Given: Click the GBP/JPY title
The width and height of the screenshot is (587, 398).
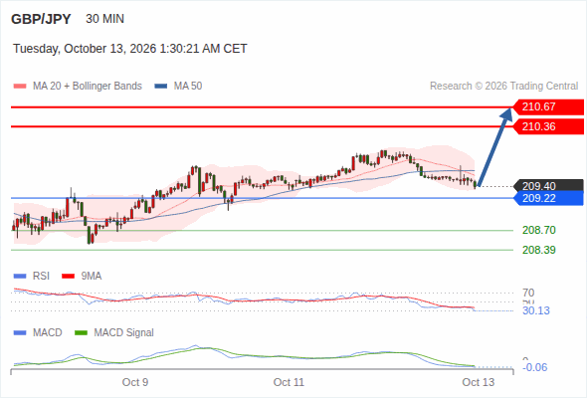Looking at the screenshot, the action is pos(41,19).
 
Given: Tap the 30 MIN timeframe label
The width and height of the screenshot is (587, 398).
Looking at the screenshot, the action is pos(104,19).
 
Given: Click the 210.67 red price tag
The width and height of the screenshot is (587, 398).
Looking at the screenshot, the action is pos(548,107).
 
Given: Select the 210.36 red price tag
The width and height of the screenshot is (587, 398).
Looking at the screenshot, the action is pos(548,126).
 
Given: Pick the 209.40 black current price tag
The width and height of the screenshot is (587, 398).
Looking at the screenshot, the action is pos(548,186).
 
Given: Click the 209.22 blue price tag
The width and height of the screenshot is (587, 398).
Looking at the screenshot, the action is pos(548,198).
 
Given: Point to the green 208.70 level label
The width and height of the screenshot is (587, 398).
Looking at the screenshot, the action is pos(539,230).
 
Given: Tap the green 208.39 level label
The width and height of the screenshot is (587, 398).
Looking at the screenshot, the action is pos(539,250).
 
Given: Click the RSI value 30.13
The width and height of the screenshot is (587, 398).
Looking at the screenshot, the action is pos(536,310).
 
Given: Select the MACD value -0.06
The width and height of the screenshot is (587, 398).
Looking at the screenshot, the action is pos(534,367).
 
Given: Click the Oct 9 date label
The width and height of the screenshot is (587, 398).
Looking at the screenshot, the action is pos(135,382).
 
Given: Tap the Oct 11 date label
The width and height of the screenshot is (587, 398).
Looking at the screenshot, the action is pos(289,382).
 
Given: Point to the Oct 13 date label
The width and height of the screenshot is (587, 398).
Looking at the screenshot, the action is pos(479,382).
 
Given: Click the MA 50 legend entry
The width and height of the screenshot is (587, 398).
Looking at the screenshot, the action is pos(178,87).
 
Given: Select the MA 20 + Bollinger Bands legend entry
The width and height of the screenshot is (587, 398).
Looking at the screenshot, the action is pos(78,87).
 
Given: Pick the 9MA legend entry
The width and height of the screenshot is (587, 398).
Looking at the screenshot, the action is pos(82,276).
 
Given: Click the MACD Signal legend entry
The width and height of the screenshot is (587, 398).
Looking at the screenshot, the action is pos(114,332).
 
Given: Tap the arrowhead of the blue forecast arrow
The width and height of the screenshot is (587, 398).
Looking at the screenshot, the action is pos(509,109).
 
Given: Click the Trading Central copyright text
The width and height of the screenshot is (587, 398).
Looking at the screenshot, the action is pos(503,87).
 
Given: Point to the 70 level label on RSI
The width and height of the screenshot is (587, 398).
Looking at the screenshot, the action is pos(528,293).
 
